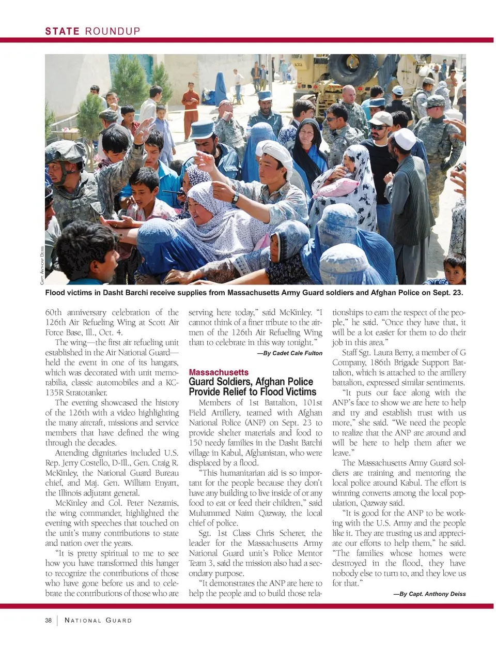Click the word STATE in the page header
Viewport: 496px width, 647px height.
click(x=62, y=31)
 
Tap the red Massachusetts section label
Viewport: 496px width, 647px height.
click(x=219, y=372)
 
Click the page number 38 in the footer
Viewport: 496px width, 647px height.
click(x=48, y=620)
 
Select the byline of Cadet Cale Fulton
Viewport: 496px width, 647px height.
click(x=289, y=353)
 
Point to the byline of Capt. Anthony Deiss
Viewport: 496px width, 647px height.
click(x=429, y=594)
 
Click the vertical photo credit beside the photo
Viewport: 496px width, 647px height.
click(x=41, y=265)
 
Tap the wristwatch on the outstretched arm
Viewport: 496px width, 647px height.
click(x=235, y=198)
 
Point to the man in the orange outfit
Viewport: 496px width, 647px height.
click(x=191, y=109)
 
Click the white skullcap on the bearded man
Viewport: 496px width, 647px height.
click(x=405, y=138)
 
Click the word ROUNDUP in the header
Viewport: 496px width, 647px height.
click(x=113, y=31)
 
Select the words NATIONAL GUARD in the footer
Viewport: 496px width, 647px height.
click(x=98, y=620)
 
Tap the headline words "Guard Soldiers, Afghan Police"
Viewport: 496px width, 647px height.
click(x=251, y=382)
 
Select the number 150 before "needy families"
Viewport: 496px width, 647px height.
click(x=195, y=443)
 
